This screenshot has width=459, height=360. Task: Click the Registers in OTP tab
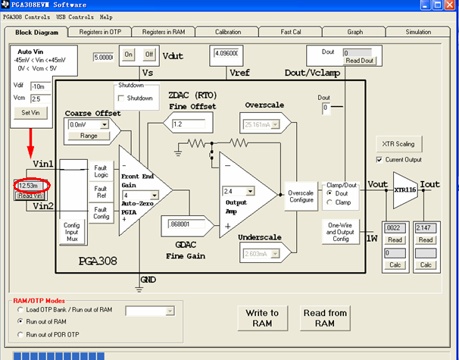point(99,33)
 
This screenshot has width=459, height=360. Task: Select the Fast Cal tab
point(290,33)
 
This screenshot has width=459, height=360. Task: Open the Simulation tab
point(417,33)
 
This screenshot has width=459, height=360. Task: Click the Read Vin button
point(30,196)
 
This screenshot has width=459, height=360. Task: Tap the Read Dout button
point(360,61)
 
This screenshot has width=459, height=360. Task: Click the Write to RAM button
point(262,318)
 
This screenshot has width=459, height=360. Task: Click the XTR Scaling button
point(398,144)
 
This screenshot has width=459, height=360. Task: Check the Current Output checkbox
point(379,159)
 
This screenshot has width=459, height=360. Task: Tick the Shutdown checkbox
point(121,99)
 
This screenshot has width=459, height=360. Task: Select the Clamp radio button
point(330,202)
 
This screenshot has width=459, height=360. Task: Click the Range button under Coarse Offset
point(89,136)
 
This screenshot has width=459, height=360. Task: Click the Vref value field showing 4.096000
point(228,55)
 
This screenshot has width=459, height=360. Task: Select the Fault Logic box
point(101,171)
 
